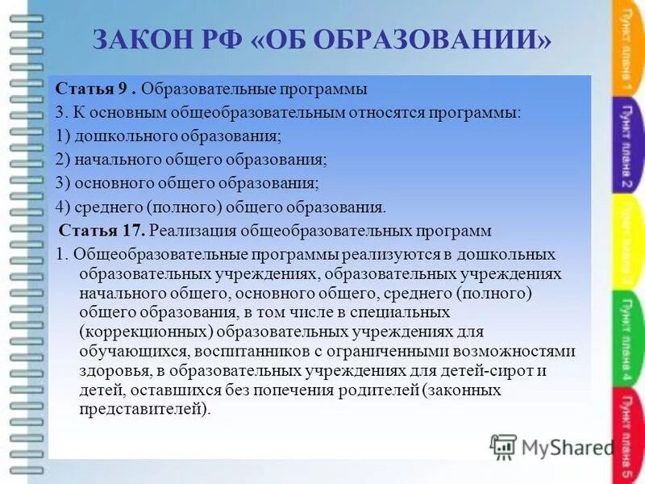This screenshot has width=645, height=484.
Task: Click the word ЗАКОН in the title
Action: click(x=139, y=40)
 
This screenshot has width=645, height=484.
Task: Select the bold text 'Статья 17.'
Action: click(x=102, y=231)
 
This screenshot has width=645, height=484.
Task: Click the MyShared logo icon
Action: click(x=503, y=446)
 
